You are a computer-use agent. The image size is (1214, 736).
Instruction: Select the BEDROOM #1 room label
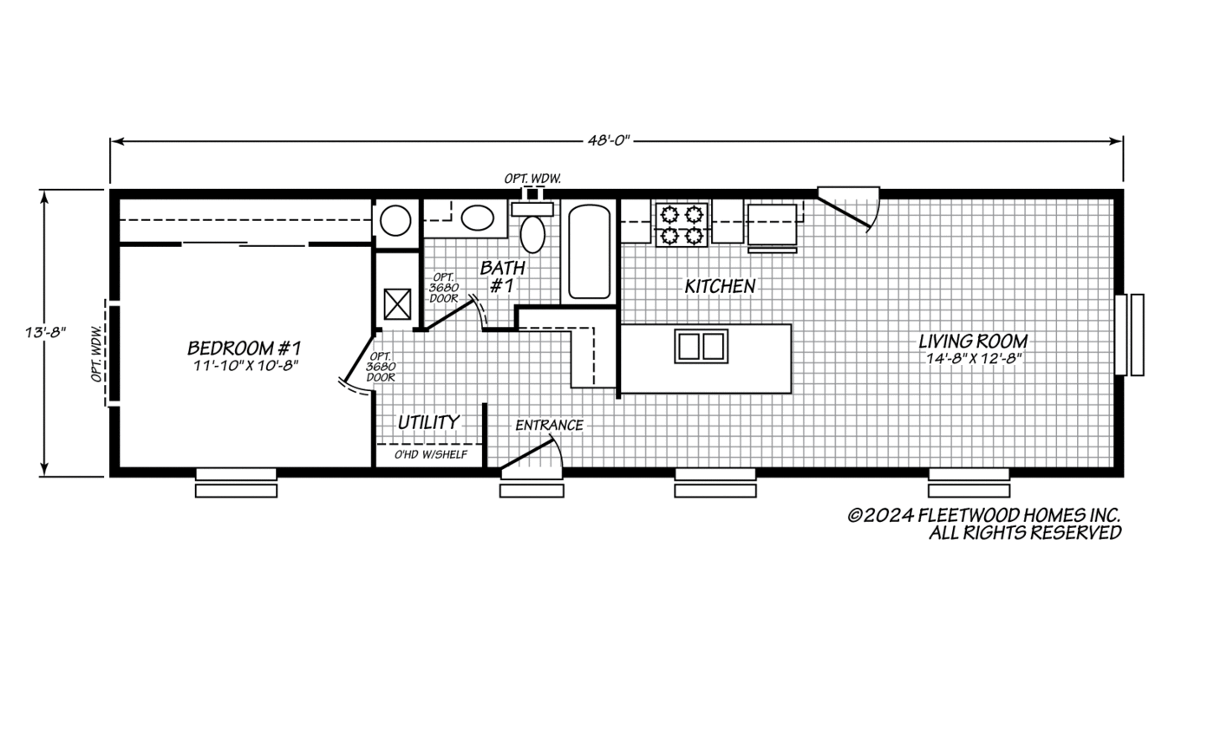[244, 348]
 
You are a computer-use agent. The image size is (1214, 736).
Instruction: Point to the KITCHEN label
[720, 286]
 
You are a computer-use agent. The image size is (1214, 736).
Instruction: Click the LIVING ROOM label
[973, 342]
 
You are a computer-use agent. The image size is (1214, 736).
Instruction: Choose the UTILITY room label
[428, 422]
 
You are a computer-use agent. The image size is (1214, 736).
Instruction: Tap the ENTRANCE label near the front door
[549, 425]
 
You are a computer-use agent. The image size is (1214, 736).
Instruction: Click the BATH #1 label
[502, 276]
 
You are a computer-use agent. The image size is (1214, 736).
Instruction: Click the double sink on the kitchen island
[701, 346]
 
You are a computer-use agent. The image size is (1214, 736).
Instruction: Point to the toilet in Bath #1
[532, 231]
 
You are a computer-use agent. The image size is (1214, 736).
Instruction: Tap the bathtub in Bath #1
[589, 251]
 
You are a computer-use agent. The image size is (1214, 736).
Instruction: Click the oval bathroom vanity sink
[474, 218]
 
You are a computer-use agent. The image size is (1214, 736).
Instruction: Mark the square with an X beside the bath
[397, 304]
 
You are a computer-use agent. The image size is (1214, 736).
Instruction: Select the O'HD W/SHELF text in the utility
[431, 454]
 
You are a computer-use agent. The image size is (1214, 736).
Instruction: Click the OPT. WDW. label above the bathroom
[533, 179]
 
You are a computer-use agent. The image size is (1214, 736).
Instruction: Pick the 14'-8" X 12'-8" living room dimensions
[973, 359]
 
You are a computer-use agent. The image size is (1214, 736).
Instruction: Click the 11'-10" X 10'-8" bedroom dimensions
[244, 366]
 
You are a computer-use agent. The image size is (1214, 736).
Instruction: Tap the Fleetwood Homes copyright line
[983, 516]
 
